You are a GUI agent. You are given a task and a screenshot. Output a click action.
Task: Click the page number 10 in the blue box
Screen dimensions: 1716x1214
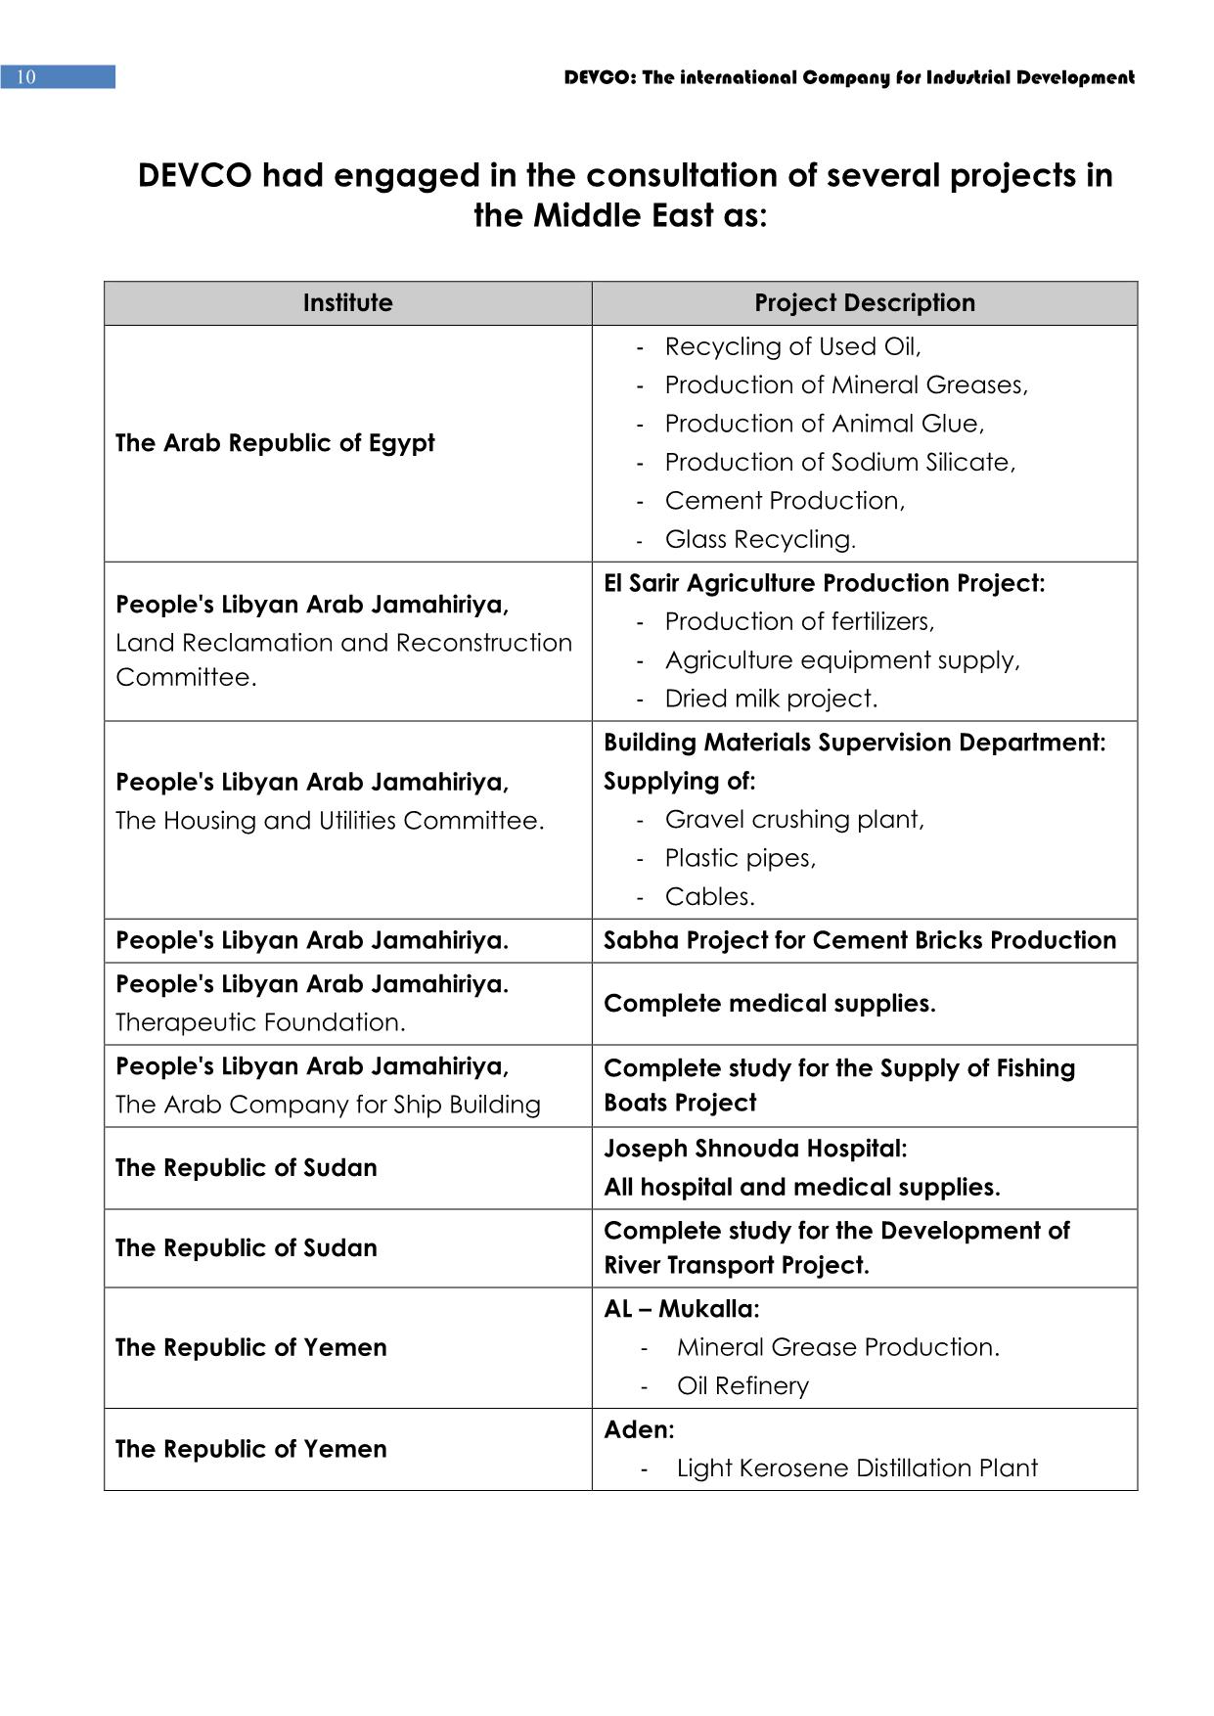pos(26,77)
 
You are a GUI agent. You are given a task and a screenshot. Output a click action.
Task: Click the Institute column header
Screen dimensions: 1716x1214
pos(347,303)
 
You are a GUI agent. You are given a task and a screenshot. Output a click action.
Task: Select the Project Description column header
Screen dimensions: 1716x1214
pos(864,303)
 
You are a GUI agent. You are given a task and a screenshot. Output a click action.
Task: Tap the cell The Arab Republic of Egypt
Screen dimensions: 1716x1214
pos(275,443)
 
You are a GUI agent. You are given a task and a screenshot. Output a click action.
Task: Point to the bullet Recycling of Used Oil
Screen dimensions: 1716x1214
pos(792,347)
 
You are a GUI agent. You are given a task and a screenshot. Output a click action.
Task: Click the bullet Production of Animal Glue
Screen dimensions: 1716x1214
pos(824,424)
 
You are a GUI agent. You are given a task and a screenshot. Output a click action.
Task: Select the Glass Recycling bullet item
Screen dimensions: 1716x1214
pos(760,539)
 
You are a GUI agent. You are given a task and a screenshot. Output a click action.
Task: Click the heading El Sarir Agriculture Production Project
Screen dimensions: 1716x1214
pos(824,584)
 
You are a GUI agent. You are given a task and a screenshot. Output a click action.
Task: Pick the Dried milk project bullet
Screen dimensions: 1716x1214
pos(771,699)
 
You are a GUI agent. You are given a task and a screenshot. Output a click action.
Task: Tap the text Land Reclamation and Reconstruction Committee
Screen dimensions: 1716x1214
pos(343,659)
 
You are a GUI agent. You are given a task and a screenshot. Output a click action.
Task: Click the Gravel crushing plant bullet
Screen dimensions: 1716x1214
pos(794,820)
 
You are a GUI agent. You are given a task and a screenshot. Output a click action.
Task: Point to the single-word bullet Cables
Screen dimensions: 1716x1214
pos(709,897)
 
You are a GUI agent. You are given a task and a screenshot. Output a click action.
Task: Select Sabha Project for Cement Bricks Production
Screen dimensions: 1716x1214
pos(859,940)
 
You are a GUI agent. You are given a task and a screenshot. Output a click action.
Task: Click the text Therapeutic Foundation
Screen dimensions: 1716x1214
pos(260,1022)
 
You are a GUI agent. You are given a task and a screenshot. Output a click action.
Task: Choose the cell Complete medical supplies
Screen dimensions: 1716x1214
pos(769,1004)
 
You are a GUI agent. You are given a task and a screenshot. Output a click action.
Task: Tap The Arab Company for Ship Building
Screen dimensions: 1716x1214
pos(328,1105)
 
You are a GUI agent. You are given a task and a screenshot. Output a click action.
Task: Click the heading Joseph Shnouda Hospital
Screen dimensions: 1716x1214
pos(755,1149)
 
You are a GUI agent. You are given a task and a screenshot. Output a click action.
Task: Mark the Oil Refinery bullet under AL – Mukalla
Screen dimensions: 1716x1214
pos(742,1386)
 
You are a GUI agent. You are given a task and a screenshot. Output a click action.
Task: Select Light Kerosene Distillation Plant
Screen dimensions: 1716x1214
pos(857,1468)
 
